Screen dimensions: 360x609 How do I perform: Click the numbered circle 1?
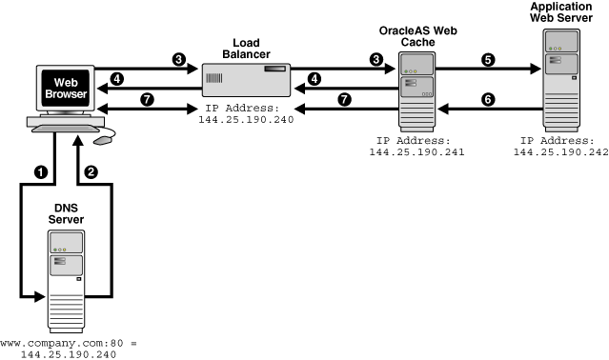pos(41,172)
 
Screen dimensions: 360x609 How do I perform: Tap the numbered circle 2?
pos(91,172)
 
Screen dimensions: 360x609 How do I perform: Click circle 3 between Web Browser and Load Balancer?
pos(178,59)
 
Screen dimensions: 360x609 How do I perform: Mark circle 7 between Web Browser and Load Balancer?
pos(148,99)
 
